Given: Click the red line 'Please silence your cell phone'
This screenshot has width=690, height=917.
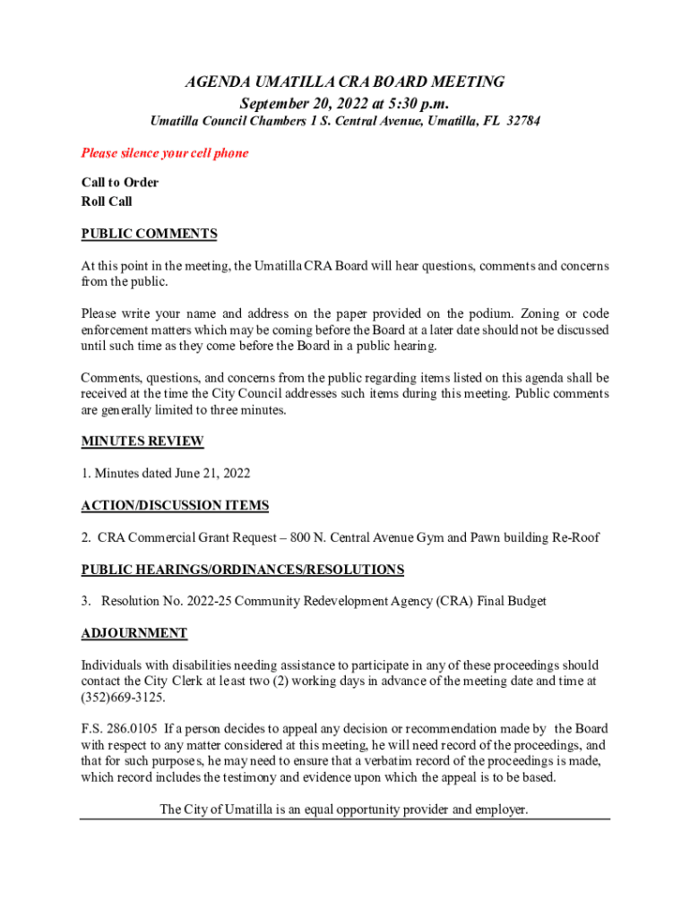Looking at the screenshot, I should coord(165,153).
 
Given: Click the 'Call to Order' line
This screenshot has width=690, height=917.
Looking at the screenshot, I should coord(120,183).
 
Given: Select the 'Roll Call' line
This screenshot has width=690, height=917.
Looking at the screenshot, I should coord(107,201).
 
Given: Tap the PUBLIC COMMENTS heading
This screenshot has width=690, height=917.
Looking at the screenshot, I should coord(149,234).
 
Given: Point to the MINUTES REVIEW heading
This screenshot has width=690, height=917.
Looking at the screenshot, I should coord(142,441).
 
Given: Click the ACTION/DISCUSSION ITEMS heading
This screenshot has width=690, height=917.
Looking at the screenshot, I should coord(175,505).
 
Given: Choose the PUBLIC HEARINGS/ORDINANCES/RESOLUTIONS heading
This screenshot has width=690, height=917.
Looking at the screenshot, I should coord(242,570).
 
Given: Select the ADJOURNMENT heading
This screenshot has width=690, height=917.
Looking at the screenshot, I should coord(134,633).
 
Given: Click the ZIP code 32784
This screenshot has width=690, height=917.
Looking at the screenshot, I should coord(523,121).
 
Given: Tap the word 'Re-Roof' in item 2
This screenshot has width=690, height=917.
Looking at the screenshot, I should coord(575,537).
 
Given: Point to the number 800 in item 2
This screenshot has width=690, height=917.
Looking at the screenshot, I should coord(276,537).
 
